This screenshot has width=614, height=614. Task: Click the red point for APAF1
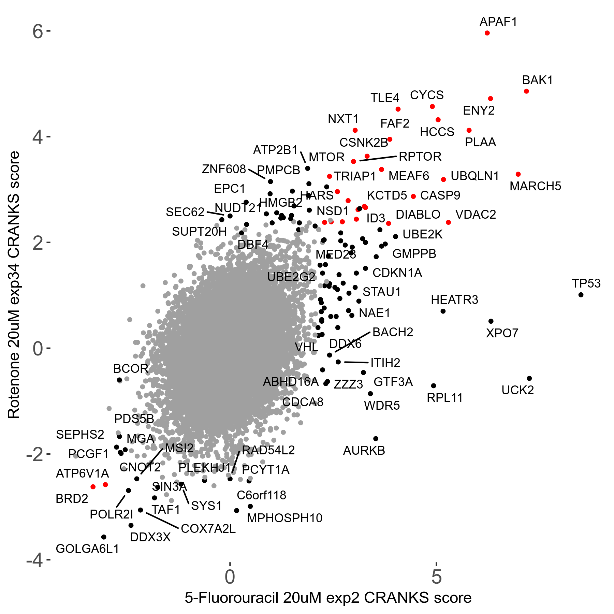(x=487, y=33)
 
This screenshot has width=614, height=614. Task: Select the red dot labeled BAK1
(x=526, y=91)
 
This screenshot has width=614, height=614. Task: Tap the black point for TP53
(x=581, y=295)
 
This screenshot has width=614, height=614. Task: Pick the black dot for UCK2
(x=529, y=378)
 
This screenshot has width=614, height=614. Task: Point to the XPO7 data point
(x=491, y=321)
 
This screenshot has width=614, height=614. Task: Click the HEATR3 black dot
(x=443, y=311)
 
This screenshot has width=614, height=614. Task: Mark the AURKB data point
(x=376, y=439)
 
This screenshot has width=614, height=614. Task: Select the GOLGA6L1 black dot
(x=104, y=537)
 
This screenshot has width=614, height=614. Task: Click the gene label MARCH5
(x=535, y=186)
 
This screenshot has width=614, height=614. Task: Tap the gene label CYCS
(x=427, y=95)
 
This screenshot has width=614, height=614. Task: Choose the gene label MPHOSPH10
(x=284, y=518)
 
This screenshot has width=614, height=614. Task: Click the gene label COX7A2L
(x=208, y=529)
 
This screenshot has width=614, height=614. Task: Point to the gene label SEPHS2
(x=80, y=435)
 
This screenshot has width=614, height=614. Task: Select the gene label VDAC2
(x=476, y=215)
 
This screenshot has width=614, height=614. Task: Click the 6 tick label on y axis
(x=38, y=32)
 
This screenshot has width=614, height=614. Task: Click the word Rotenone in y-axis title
(x=14, y=385)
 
